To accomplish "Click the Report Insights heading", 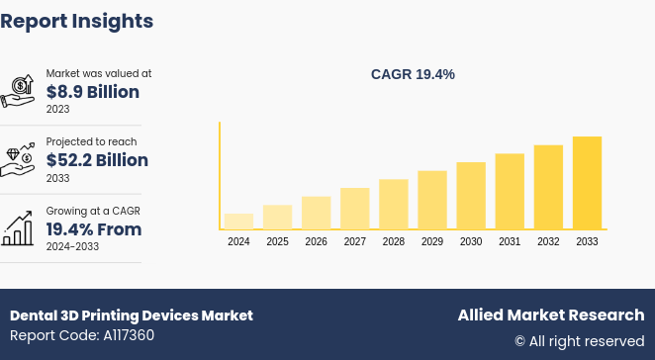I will (x=77, y=21).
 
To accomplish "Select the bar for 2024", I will (x=238, y=221).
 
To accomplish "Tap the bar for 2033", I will (x=587, y=183).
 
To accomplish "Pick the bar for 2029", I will (x=432, y=200).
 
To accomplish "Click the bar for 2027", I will (x=354, y=208).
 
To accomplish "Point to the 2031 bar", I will (x=510, y=191).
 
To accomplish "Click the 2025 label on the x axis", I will (x=277, y=241).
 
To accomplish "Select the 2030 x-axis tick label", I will (x=471, y=241).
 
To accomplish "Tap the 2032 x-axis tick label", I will (x=548, y=241).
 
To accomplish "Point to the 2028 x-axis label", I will (x=393, y=241).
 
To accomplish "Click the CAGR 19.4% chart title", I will (x=413, y=74).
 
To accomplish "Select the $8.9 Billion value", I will (x=93, y=92).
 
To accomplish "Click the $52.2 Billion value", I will (x=97, y=160).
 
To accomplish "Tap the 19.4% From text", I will (x=94, y=229).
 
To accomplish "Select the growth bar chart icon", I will (x=18, y=228).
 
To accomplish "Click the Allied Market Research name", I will (x=550, y=315).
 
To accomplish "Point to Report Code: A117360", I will (x=82, y=335).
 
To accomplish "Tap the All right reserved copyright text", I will (x=579, y=341).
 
